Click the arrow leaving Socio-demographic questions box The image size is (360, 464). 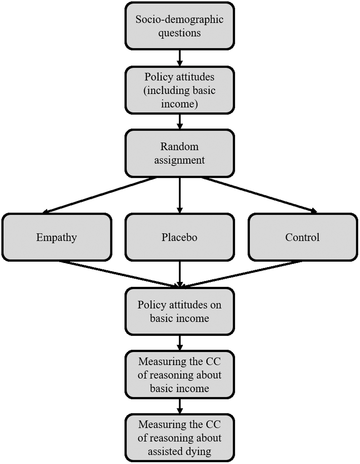[180, 58]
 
